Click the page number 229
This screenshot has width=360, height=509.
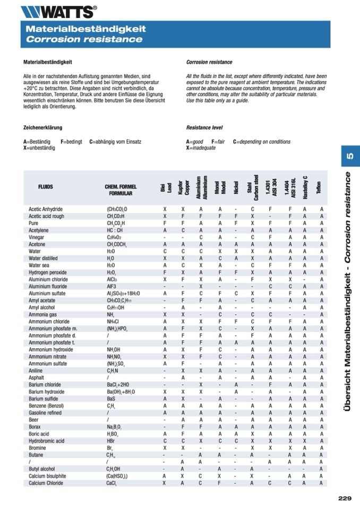tap(345, 498)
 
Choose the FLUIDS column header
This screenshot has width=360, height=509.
tap(46, 187)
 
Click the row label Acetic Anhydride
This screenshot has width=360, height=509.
tap(46, 209)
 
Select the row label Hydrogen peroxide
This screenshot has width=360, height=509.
tap(48, 272)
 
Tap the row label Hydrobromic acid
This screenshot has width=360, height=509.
tap(47, 441)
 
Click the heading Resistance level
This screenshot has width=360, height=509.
tap(204, 128)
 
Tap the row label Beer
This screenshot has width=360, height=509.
tap(33, 419)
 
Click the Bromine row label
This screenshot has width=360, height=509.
tap(37, 447)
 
